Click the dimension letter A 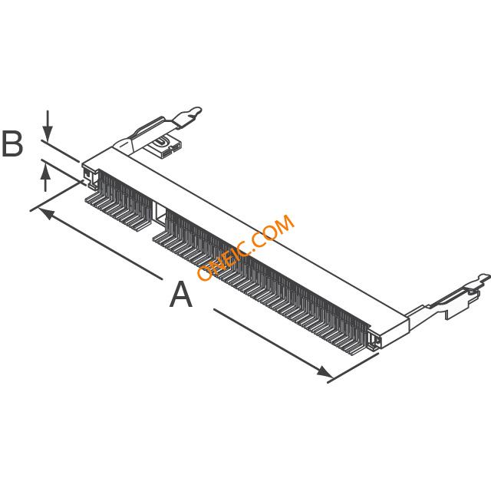[x=181, y=294]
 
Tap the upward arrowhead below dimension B [x=46, y=172]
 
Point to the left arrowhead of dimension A [x=46, y=214]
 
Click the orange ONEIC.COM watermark [x=245, y=247]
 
